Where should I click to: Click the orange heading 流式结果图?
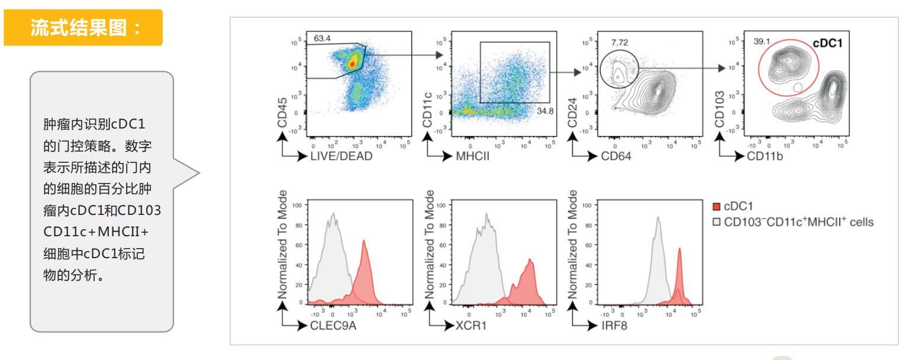coord(83,28)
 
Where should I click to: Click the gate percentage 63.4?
coord(323,38)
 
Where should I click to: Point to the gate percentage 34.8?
coord(545,111)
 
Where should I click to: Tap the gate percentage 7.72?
coord(619,43)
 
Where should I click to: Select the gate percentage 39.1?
coord(762,42)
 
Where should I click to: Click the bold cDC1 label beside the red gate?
coord(827,43)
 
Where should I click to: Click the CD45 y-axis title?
coord(283,112)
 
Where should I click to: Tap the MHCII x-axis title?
coord(472,156)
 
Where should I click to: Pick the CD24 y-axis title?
coord(573,113)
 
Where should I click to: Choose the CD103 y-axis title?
coord(720,109)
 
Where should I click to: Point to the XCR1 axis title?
coord(471,325)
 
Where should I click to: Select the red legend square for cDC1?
coord(716,207)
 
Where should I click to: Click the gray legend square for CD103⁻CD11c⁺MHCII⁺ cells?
coord(716,223)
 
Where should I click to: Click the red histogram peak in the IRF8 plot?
coord(679,252)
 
